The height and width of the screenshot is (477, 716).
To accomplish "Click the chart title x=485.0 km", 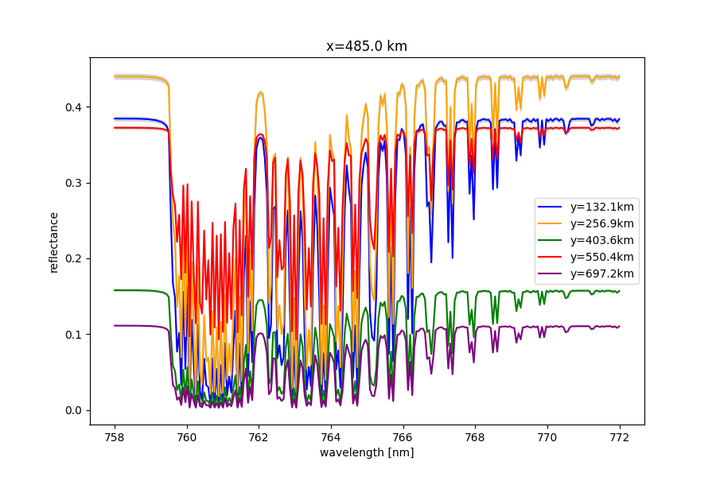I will pos(367,46).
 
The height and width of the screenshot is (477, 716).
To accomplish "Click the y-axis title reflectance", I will pos(54,242).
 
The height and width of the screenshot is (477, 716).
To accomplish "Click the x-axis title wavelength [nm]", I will pos(367,452).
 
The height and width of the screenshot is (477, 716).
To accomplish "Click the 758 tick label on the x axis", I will pos(115,436).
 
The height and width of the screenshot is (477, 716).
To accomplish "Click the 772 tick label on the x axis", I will pos(619,436).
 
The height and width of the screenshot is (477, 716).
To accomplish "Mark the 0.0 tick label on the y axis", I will pos(72,410).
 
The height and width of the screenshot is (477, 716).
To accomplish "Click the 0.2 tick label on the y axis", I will pos(72,258).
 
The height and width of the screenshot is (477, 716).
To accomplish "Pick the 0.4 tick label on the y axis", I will pos(72,107).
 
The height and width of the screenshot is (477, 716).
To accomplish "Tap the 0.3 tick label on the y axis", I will pos(72,183).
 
